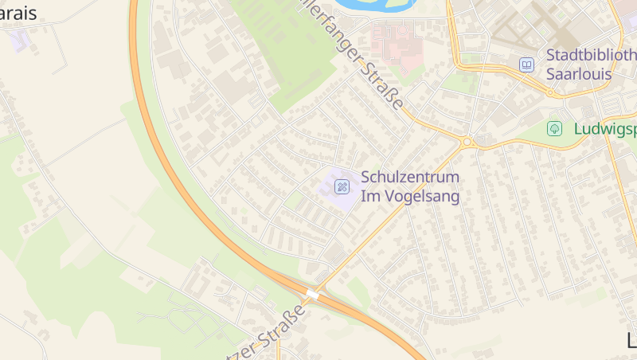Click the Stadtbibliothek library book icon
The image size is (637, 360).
526,65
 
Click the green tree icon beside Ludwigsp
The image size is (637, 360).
554,128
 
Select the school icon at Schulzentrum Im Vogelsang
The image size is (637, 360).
342,187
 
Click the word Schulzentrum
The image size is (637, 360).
410,177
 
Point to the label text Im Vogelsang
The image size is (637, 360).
410,196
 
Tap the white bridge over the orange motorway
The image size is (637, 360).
312,295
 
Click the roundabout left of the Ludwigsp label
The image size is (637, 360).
467,143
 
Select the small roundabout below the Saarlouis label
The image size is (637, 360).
551,93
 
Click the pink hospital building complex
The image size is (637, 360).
396,44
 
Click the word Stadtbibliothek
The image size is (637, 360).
591,55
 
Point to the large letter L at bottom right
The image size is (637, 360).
631,341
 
